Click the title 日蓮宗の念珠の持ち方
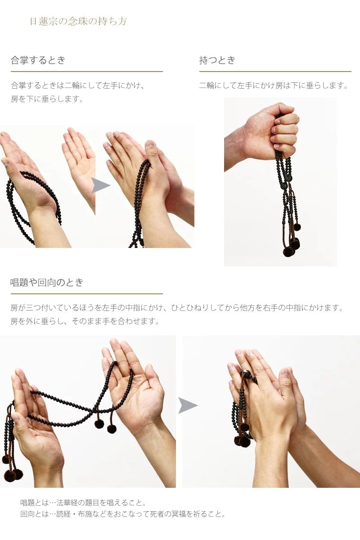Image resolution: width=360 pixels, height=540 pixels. click(78, 21)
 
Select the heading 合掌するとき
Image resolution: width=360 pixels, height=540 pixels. click(38, 60)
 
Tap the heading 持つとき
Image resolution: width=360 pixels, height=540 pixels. click(217, 60)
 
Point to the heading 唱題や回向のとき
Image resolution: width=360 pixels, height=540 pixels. click(47, 283)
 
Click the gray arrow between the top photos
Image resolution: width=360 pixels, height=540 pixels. click(100, 185)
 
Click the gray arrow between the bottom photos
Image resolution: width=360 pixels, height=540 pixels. click(187, 405)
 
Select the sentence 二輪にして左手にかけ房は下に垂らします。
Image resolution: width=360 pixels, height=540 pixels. click(274, 85)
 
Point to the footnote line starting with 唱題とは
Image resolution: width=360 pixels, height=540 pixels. click(83, 503)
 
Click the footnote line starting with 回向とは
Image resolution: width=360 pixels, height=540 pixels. click(122, 514)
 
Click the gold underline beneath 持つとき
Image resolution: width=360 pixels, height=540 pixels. click(275, 71)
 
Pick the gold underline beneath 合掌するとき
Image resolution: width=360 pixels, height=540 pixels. click(87, 71)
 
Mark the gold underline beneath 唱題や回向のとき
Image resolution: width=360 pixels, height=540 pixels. click(87, 294)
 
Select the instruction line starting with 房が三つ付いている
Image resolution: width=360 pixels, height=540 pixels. click(177, 308)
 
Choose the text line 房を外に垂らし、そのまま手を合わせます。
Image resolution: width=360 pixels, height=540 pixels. click(85, 321)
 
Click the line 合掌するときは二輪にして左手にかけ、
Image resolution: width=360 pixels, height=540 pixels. click(78, 85)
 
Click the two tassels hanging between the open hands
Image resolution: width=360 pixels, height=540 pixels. click(105, 425)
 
